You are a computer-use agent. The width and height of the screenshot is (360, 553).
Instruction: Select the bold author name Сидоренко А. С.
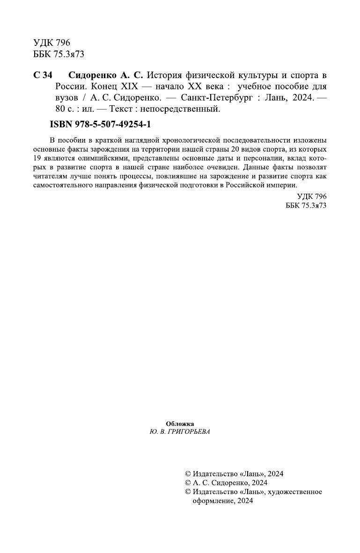click(x=107, y=75)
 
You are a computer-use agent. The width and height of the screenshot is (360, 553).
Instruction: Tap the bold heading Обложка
click(x=180, y=423)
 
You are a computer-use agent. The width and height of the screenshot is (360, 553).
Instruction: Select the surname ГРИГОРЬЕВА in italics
click(x=190, y=432)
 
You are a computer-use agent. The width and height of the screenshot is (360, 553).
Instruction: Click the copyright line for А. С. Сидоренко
click(x=227, y=482)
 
